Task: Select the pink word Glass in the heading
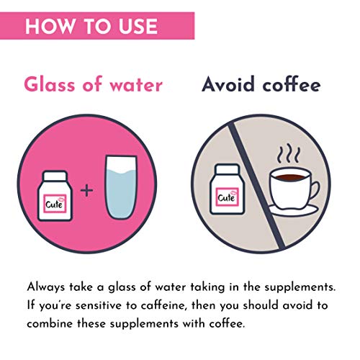pos(50,84)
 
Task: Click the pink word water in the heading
pos(136,85)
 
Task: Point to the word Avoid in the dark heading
pos(228,84)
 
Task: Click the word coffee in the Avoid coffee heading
pos(292,84)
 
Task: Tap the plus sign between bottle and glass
pos(86,191)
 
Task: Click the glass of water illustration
pos(121,187)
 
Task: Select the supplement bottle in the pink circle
pos(55,196)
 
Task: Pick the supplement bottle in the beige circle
pos(227,189)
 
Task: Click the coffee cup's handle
pos(314,190)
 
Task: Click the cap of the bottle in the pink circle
pos(55,176)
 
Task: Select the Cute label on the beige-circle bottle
pos(227,197)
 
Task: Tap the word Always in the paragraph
pos(46,287)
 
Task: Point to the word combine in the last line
pos(50,324)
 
